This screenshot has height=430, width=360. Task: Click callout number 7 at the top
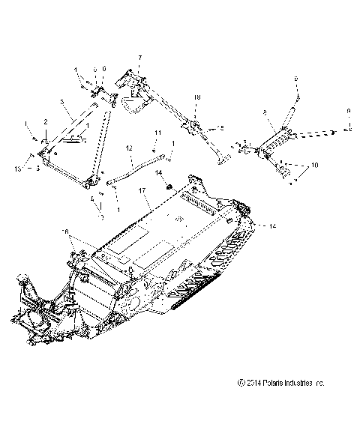(x=139, y=58)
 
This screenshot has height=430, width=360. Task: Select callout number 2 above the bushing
(x=45, y=121)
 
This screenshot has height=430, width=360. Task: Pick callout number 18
(x=197, y=98)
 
